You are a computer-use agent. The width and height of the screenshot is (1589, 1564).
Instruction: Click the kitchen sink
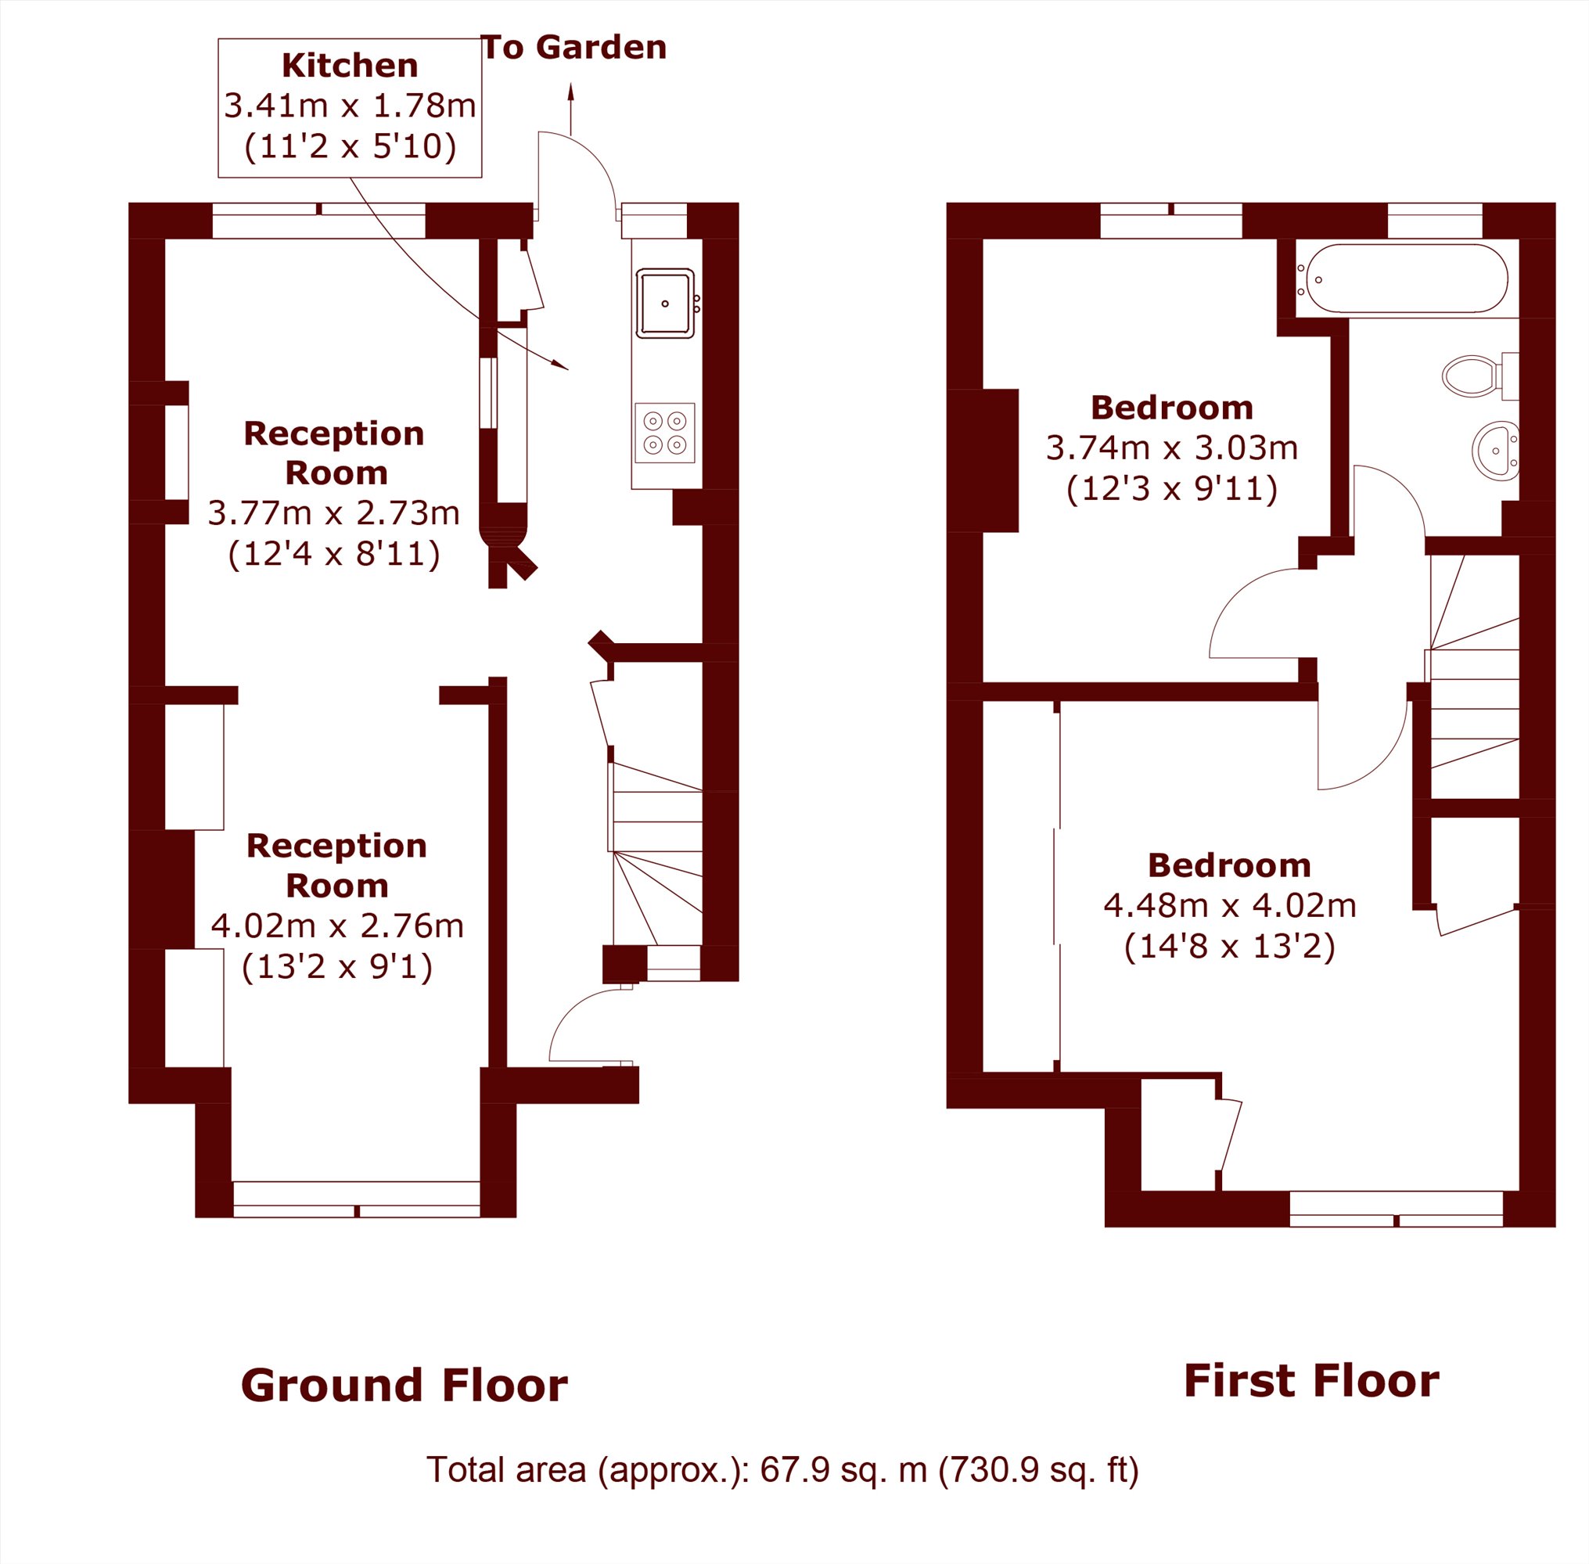coord(665,303)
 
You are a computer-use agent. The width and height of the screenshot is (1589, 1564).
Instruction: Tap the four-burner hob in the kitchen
coord(665,433)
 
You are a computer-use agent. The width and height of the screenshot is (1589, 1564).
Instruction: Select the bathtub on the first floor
coord(1406,279)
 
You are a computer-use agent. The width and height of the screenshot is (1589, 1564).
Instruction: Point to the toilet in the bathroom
coord(1479,376)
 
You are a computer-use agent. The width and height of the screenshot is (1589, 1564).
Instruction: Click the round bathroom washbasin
coord(1494,451)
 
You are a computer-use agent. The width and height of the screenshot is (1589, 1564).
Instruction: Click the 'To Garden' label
coord(573,48)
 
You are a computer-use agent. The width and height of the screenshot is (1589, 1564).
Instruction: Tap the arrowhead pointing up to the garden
coord(571,92)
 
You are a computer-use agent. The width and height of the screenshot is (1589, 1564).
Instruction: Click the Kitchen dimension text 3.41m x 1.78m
coord(350,106)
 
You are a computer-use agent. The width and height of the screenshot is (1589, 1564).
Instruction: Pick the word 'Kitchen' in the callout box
coord(350,66)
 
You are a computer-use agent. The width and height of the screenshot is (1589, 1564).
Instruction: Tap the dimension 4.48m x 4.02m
coord(1229,905)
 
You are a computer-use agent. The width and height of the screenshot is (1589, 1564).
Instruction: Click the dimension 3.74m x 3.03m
coord(1172,448)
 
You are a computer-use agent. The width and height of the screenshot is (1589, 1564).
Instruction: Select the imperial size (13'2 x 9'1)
coord(337,966)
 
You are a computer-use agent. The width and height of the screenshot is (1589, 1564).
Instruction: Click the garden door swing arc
coord(593,156)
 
